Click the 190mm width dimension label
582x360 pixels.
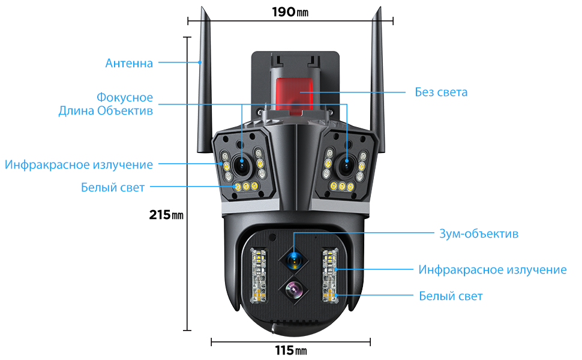290,11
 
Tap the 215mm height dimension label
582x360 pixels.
166,215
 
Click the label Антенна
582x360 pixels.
129,63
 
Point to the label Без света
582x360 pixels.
441,92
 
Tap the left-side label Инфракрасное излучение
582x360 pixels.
79,164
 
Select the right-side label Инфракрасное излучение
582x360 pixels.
492,269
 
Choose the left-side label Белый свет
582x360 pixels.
113,188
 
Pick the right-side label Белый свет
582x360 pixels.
451,296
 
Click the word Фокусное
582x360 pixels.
125,97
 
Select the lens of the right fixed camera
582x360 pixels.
347,164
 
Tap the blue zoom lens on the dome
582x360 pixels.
293,260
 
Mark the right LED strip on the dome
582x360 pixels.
329,275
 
